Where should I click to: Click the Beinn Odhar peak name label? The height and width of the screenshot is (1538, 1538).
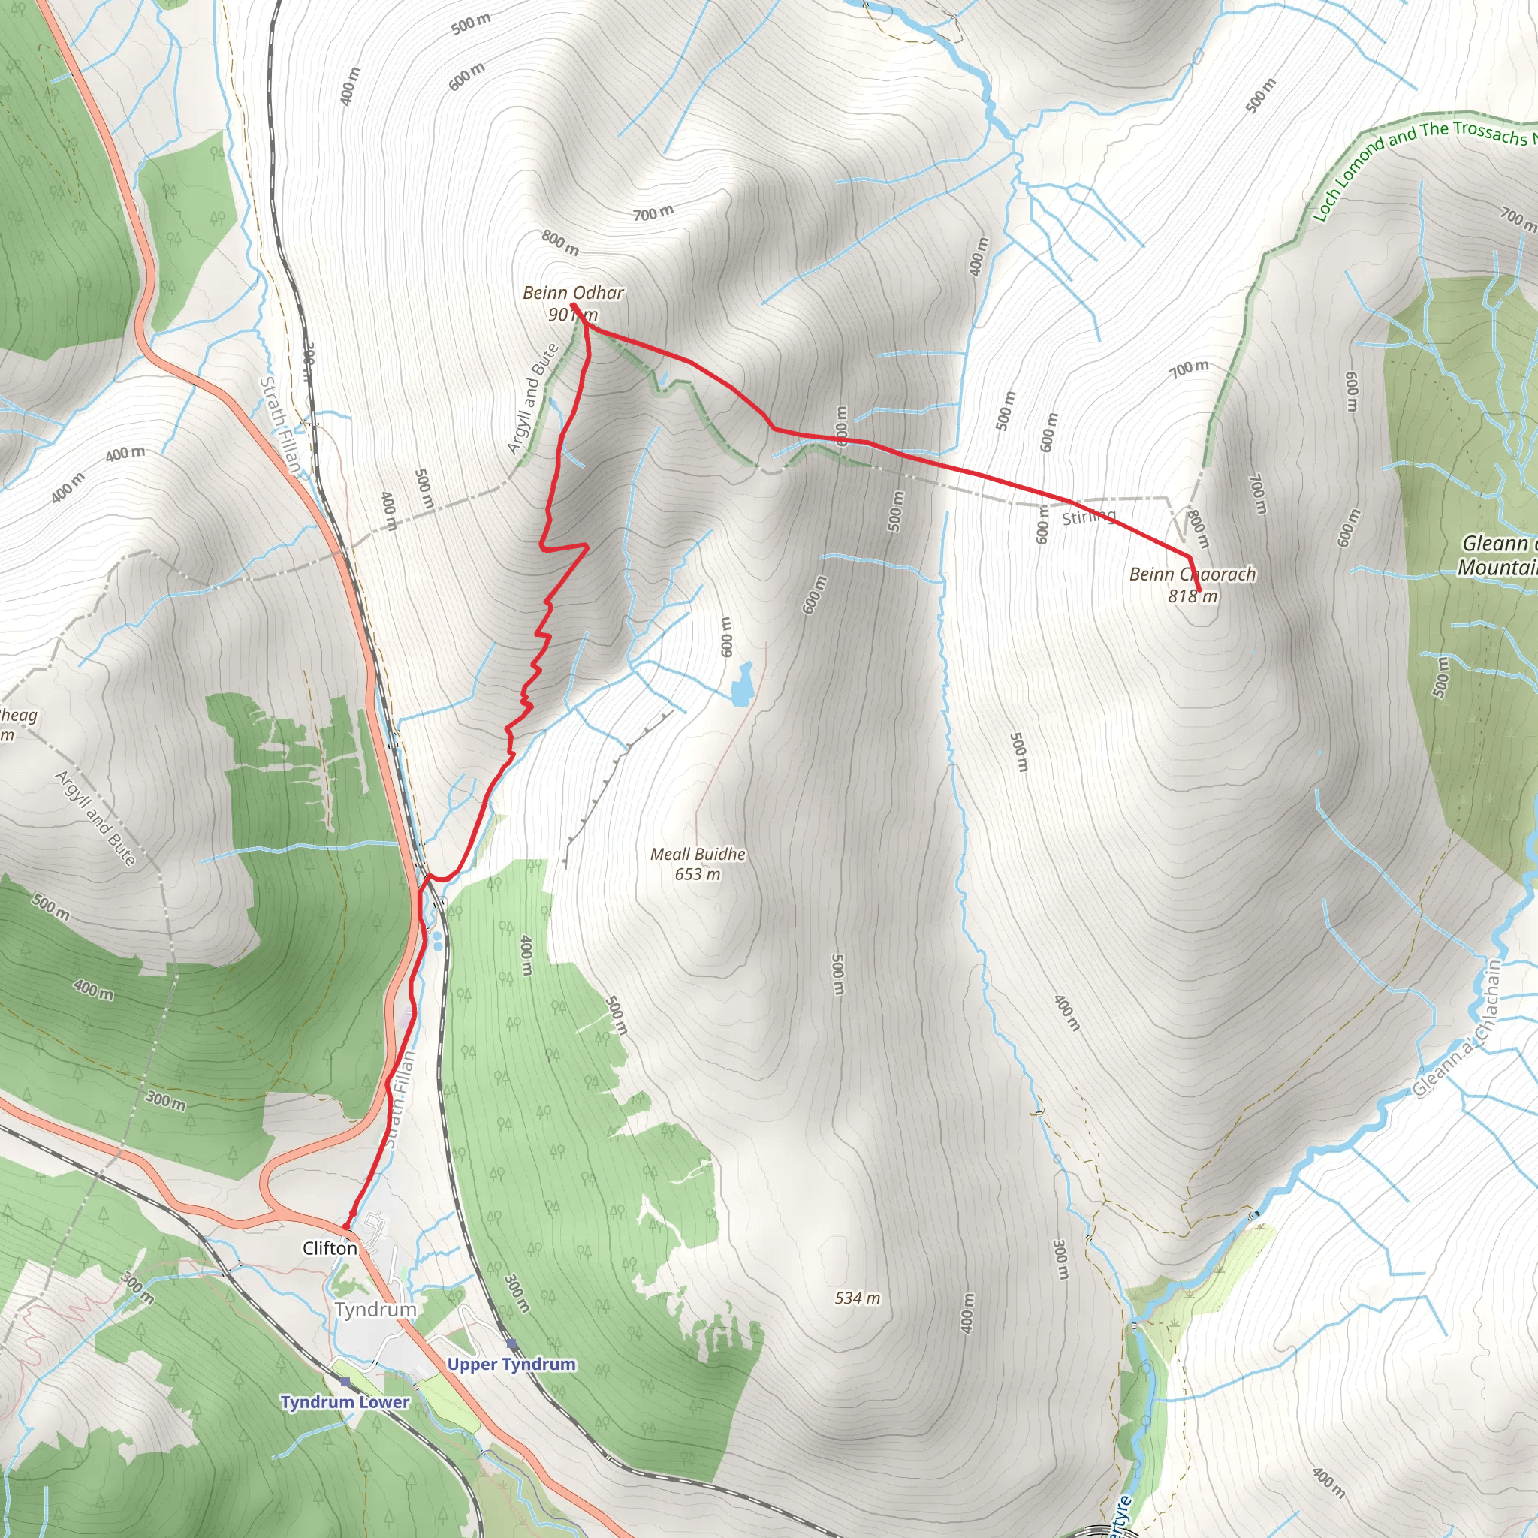pos(573,293)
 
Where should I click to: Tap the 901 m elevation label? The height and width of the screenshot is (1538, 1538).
pos(572,315)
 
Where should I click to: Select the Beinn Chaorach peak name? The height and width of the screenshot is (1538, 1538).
pos(1193,574)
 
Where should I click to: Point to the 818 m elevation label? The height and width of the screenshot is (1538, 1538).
pos(1193,596)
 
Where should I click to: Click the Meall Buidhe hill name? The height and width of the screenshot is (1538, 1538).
pos(698,854)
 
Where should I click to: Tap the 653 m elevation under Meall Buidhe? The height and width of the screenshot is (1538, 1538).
pos(698,874)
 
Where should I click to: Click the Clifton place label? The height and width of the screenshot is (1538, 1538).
pos(330,1248)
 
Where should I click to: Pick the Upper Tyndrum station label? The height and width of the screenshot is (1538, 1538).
pos(511,1365)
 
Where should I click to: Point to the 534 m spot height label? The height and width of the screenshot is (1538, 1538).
pos(858,1298)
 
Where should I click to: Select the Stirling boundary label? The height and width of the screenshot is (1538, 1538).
pos(1089,517)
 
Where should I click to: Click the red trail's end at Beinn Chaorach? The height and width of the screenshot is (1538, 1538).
pos(1199,591)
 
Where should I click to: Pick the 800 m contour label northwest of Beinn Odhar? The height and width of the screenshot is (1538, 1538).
pos(560,242)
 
